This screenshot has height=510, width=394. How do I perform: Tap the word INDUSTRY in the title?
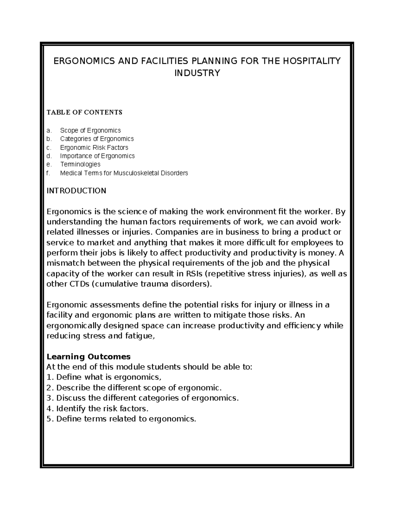point(197,73)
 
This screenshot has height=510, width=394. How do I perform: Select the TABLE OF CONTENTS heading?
point(84,112)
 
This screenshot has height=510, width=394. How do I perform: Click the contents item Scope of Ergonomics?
point(90,130)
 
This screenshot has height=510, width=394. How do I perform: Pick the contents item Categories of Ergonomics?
point(97,139)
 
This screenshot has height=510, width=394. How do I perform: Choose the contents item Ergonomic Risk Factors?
point(94,147)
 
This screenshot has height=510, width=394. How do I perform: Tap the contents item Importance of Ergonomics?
point(97,156)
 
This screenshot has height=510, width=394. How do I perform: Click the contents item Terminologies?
point(80,164)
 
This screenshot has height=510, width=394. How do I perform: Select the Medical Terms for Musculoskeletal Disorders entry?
point(124,173)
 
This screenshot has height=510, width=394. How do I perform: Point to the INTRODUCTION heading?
point(77,191)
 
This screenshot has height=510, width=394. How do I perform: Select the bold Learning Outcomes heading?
point(89,357)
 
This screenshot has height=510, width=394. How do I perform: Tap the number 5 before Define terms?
point(49,419)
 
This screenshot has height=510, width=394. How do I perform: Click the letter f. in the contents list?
point(49,173)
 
